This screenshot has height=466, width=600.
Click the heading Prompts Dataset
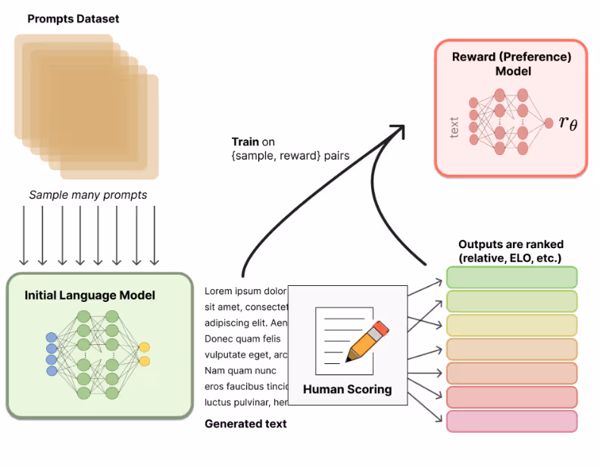(73, 18)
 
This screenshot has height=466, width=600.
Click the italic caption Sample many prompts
(88, 195)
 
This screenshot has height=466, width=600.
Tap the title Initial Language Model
(90, 295)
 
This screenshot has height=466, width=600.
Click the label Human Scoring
(347, 390)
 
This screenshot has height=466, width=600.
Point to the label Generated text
(245, 424)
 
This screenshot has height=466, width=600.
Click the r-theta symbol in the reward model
(567, 123)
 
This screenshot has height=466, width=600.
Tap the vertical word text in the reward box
(455, 126)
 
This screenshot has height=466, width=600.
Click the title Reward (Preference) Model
(511, 64)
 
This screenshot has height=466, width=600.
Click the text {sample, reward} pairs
(280, 155)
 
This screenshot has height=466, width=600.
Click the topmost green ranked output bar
(511, 278)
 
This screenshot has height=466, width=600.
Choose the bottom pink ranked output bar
(511, 421)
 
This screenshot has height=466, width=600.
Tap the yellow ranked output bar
(511, 325)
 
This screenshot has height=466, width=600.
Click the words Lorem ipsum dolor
(245, 290)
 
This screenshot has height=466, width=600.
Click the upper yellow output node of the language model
(144, 347)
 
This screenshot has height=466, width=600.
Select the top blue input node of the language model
(52, 337)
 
